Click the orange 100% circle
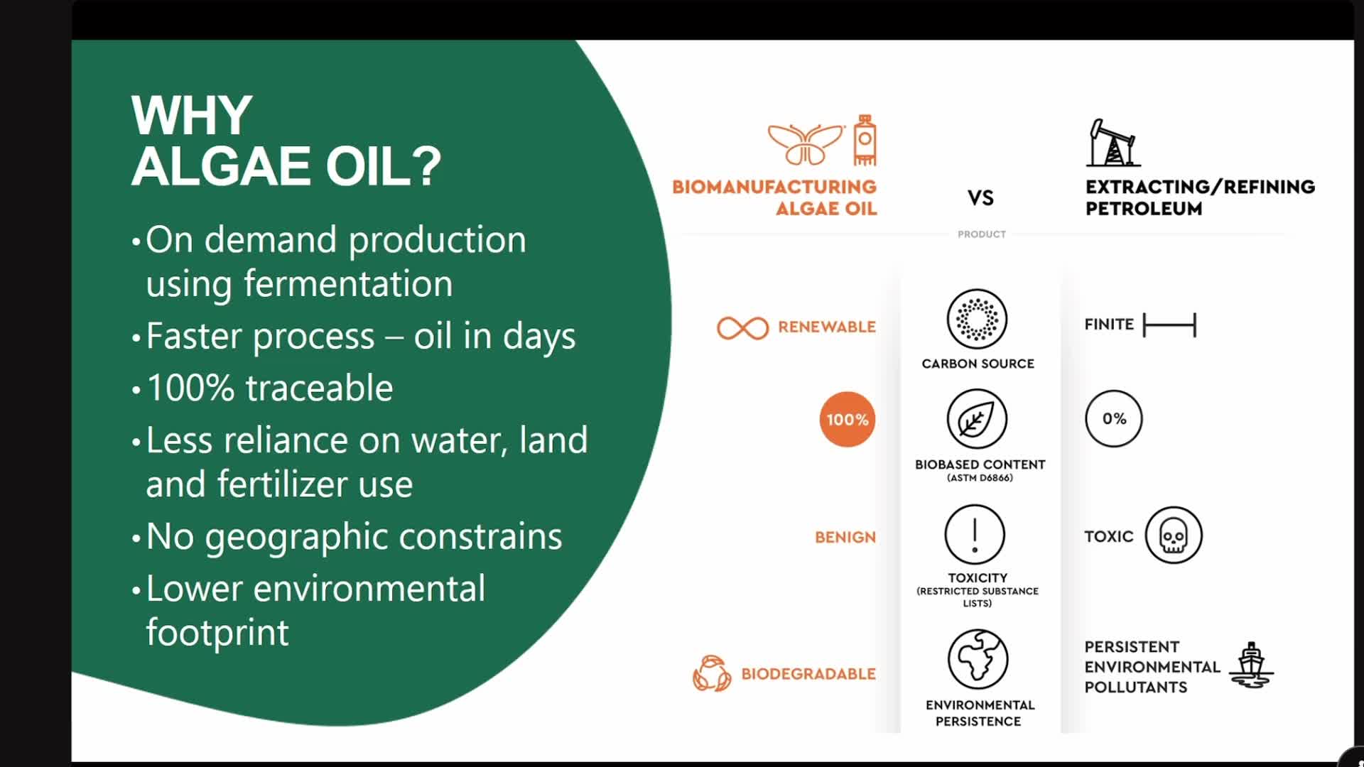point(847,419)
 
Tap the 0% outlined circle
point(1113,418)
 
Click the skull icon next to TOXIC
point(1173,535)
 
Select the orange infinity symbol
point(742,327)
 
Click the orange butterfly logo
point(806,144)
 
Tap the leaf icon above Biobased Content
point(977,419)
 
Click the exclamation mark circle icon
point(975,534)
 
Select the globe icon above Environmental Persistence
point(978,658)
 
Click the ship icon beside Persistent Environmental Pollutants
point(1251,665)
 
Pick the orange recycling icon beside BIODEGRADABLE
point(711,673)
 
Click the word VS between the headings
point(980,197)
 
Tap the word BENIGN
point(845,537)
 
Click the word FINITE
point(1108,324)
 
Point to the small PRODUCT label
point(981,234)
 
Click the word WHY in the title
point(192,115)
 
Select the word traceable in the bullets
point(319,388)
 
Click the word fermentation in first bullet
point(348,283)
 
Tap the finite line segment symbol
point(1169,325)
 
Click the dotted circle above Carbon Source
point(977,318)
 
